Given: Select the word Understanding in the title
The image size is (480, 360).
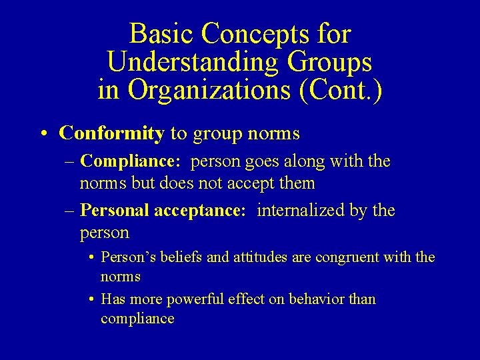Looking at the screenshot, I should tap(192, 62).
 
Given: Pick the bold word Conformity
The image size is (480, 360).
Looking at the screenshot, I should tap(111, 133).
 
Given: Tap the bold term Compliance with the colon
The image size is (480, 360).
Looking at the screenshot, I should tap(130, 161).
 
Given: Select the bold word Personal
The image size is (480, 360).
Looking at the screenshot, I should tap(115, 211).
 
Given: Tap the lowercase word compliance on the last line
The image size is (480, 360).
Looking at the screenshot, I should tap(137, 319).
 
